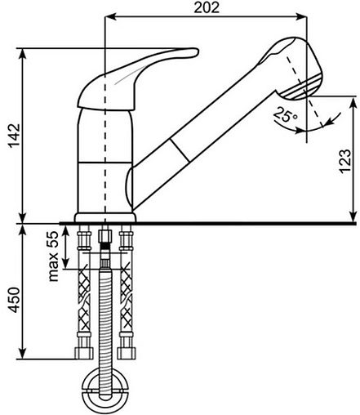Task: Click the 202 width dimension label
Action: click(x=207, y=7)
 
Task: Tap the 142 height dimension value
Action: click(x=14, y=136)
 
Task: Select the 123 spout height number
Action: click(x=344, y=161)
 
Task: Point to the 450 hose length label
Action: click(x=14, y=300)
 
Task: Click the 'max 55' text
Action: click(x=53, y=256)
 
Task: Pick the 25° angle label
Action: click(x=286, y=114)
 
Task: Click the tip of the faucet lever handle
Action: click(x=198, y=52)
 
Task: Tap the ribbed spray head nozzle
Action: click(x=302, y=87)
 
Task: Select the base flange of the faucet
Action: click(x=105, y=217)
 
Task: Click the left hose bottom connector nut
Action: click(x=84, y=353)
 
